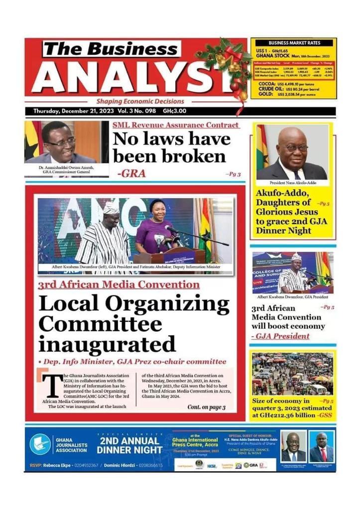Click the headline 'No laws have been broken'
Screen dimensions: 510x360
click(172, 148)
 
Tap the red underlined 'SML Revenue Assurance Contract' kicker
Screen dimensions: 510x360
click(175, 125)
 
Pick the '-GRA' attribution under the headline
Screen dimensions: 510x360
click(128, 174)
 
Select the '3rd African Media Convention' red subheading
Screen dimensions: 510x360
click(119, 285)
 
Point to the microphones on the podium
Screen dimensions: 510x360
click(167, 240)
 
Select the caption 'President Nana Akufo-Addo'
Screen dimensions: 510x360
click(292, 183)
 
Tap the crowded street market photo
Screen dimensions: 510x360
click(292, 374)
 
